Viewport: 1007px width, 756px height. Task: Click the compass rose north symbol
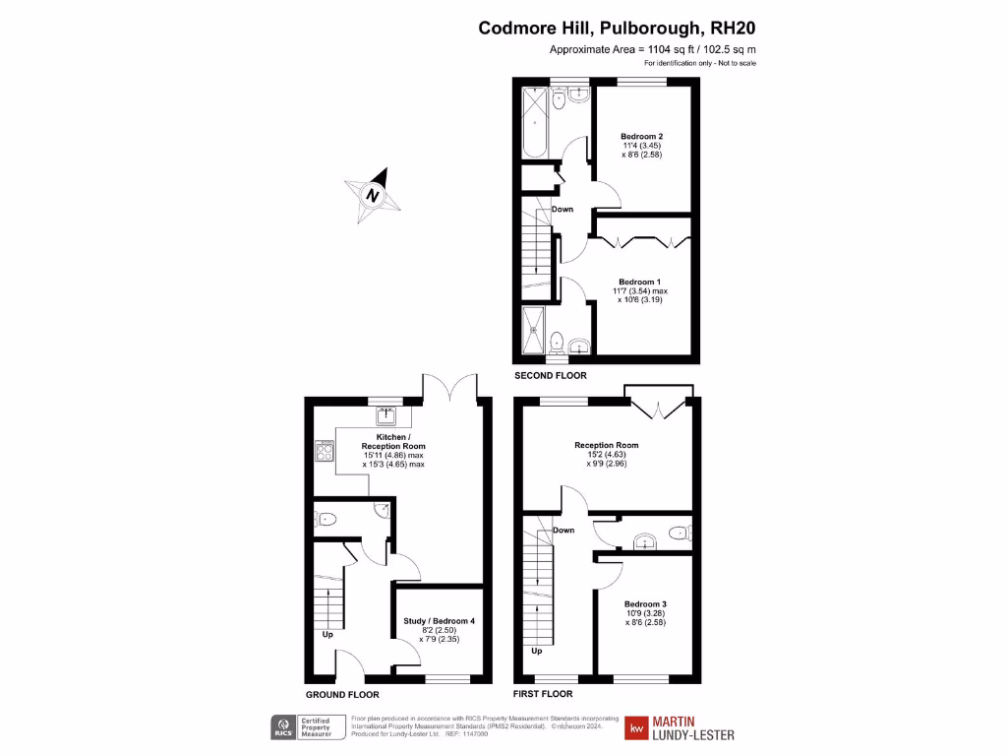374,194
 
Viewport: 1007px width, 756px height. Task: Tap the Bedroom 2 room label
641,136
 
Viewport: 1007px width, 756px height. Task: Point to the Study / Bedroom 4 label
440,621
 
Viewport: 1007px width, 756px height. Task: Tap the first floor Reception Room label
607,445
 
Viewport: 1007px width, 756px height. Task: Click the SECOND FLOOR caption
551,376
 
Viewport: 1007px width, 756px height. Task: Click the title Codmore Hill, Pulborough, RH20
617,28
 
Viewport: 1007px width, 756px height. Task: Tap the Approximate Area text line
652,49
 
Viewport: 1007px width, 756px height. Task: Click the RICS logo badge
286,727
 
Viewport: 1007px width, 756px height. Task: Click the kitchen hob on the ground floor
324,452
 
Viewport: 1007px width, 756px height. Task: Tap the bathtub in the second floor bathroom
534,123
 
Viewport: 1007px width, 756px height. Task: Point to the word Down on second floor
563,209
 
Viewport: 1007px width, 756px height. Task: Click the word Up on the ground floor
328,634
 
